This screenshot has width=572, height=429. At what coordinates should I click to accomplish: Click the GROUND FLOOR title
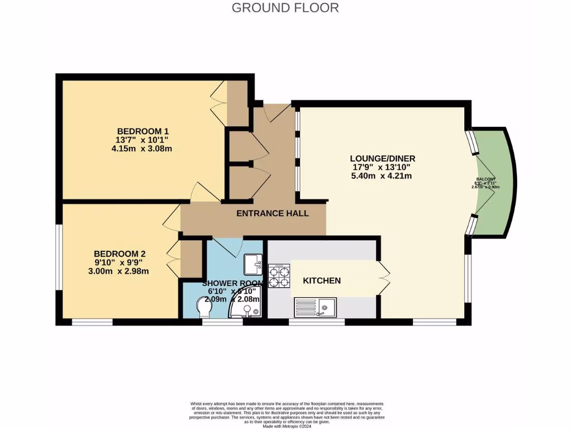[x=285, y=8]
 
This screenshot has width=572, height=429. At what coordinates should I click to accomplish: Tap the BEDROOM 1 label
[x=142, y=129]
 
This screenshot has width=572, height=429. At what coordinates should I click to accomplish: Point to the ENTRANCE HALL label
[x=273, y=213]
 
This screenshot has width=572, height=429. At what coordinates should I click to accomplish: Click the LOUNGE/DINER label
[x=383, y=158]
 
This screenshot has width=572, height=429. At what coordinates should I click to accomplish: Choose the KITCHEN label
[x=322, y=280]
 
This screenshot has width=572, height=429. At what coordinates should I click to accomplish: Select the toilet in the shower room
[x=201, y=306]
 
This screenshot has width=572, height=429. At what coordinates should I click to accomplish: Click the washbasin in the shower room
[x=253, y=263]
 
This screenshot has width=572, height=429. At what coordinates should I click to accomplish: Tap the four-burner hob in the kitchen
[x=279, y=276]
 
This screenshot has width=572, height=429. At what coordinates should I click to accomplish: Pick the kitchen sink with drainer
[x=316, y=307]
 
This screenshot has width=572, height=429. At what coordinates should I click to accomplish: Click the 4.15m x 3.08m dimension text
[x=142, y=149]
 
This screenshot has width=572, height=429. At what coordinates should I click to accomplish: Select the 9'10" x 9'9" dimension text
[x=121, y=261]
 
